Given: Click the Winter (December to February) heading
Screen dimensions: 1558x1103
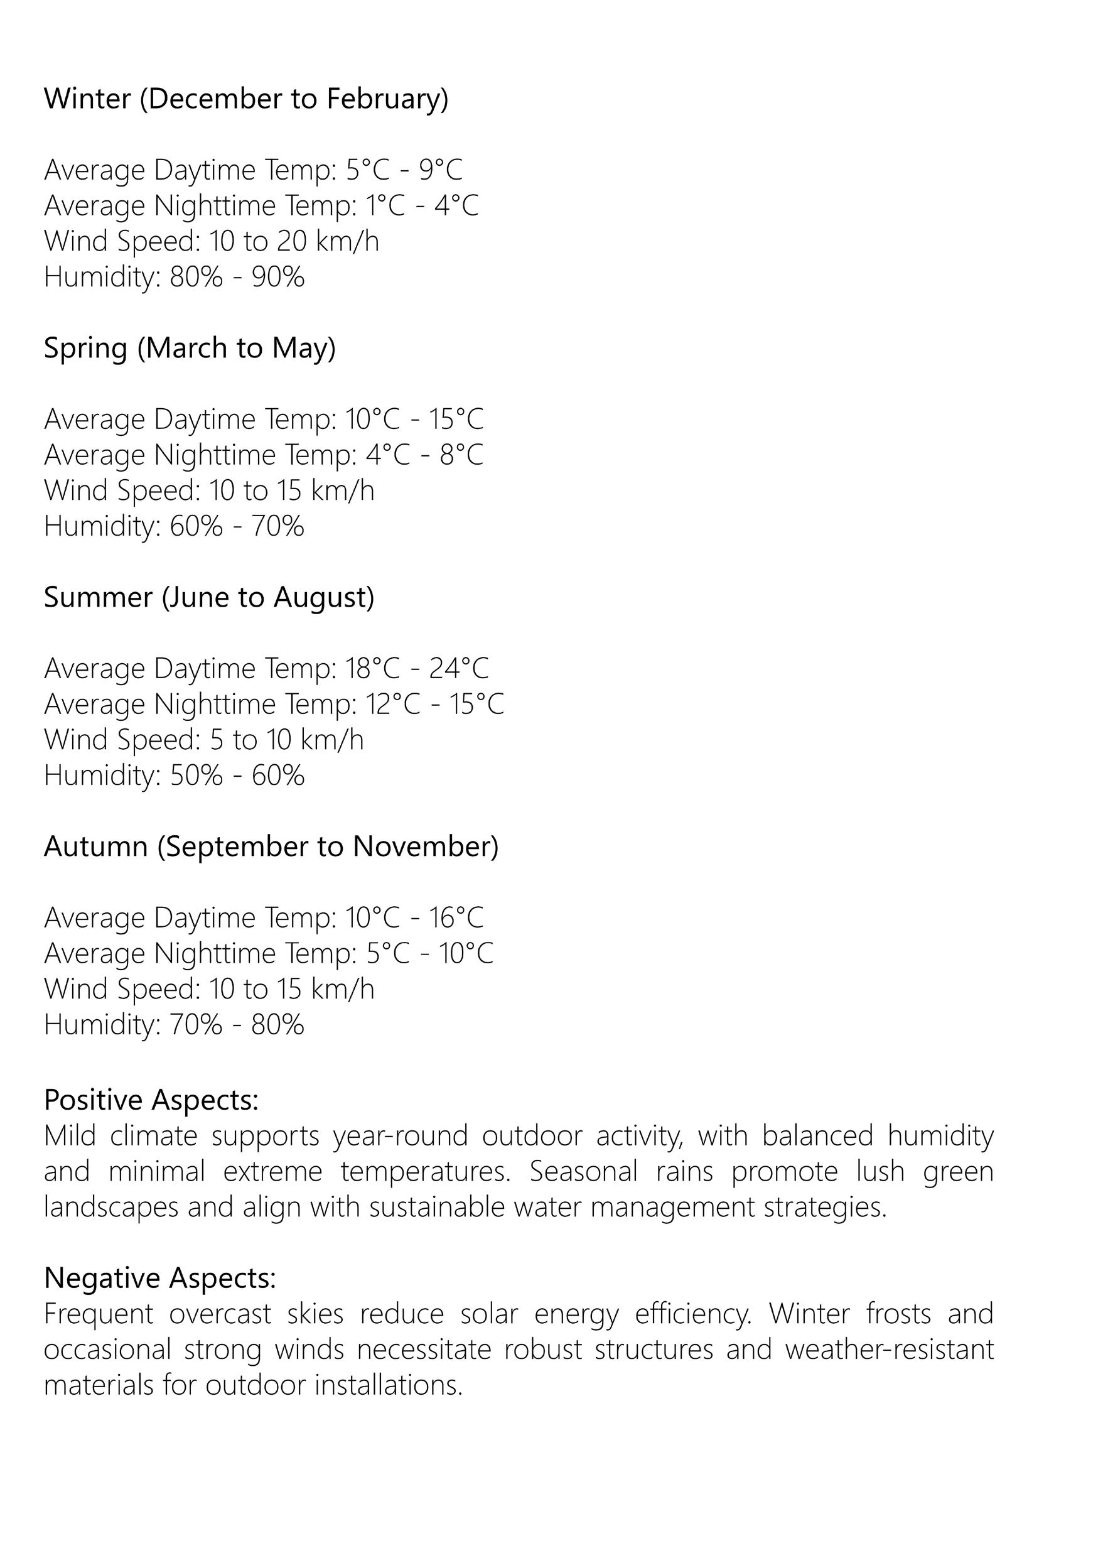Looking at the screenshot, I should click(x=246, y=99).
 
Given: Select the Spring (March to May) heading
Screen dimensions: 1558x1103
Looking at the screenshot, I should click(x=190, y=349).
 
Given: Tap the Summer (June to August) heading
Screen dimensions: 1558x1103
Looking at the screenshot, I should click(x=209, y=598).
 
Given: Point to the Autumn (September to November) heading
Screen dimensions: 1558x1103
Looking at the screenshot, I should click(x=271, y=847).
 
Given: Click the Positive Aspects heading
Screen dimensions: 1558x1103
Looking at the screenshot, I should click(x=151, y=1100).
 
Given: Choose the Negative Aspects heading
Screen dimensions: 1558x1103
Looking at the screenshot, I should click(x=159, y=1278).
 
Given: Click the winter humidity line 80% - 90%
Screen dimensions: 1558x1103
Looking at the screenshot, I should click(x=174, y=277).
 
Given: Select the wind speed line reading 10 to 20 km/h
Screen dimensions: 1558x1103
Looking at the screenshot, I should click(x=211, y=241).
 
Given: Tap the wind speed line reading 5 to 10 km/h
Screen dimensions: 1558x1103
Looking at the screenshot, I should click(x=204, y=740).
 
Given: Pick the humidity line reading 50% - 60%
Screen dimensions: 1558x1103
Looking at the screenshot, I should click(x=174, y=776).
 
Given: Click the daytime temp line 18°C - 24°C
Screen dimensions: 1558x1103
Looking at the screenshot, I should click(x=266, y=669).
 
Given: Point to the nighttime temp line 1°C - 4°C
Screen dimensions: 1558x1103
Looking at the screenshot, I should click(x=262, y=206).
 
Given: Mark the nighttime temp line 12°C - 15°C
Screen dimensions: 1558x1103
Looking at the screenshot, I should click(x=274, y=705).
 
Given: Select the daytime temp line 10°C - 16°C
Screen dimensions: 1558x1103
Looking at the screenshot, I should click(x=264, y=918).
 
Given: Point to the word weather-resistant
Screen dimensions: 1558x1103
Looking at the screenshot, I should click(x=889, y=1350).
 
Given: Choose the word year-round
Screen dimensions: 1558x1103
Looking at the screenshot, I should click(x=400, y=1136).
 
